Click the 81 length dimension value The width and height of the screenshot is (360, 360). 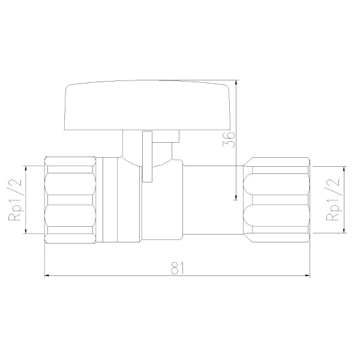click(178, 268)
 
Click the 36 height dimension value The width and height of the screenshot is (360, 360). click(229, 140)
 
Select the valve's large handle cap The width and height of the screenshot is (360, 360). click(147, 105)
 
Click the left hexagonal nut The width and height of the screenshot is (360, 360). click(70, 200)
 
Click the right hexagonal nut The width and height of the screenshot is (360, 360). click(276, 200)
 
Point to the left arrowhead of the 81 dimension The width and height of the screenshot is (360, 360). click(47, 275)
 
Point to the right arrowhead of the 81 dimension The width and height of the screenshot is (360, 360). click(307, 275)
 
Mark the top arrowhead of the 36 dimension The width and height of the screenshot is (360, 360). click(236, 83)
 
